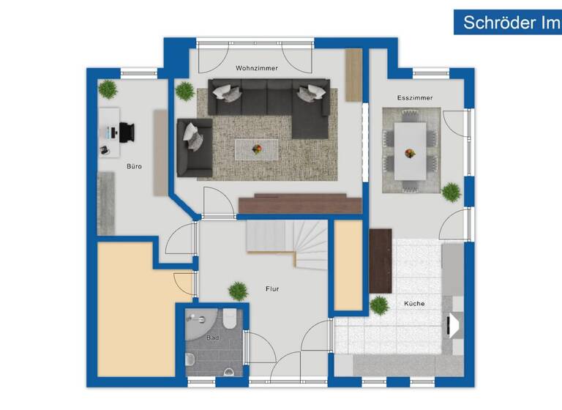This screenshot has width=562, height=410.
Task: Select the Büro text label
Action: click(x=134, y=166)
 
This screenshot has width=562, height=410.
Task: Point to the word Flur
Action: click(x=272, y=288)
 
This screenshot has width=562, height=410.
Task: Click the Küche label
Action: click(x=414, y=303)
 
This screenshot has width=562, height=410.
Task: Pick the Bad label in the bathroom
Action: click(x=212, y=338)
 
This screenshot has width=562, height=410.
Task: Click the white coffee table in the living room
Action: click(x=257, y=149)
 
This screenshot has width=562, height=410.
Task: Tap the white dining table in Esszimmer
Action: click(x=410, y=150)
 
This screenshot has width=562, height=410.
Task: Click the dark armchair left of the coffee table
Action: click(x=194, y=146)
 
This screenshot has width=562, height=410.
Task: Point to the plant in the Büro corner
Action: click(x=108, y=89)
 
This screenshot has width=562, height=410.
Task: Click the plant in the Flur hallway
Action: click(x=238, y=291)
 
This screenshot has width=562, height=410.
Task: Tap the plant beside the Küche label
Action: click(x=379, y=305)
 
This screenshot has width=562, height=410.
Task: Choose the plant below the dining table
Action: click(x=452, y=192)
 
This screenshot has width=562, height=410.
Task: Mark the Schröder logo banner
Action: click(x=507, y=22)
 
